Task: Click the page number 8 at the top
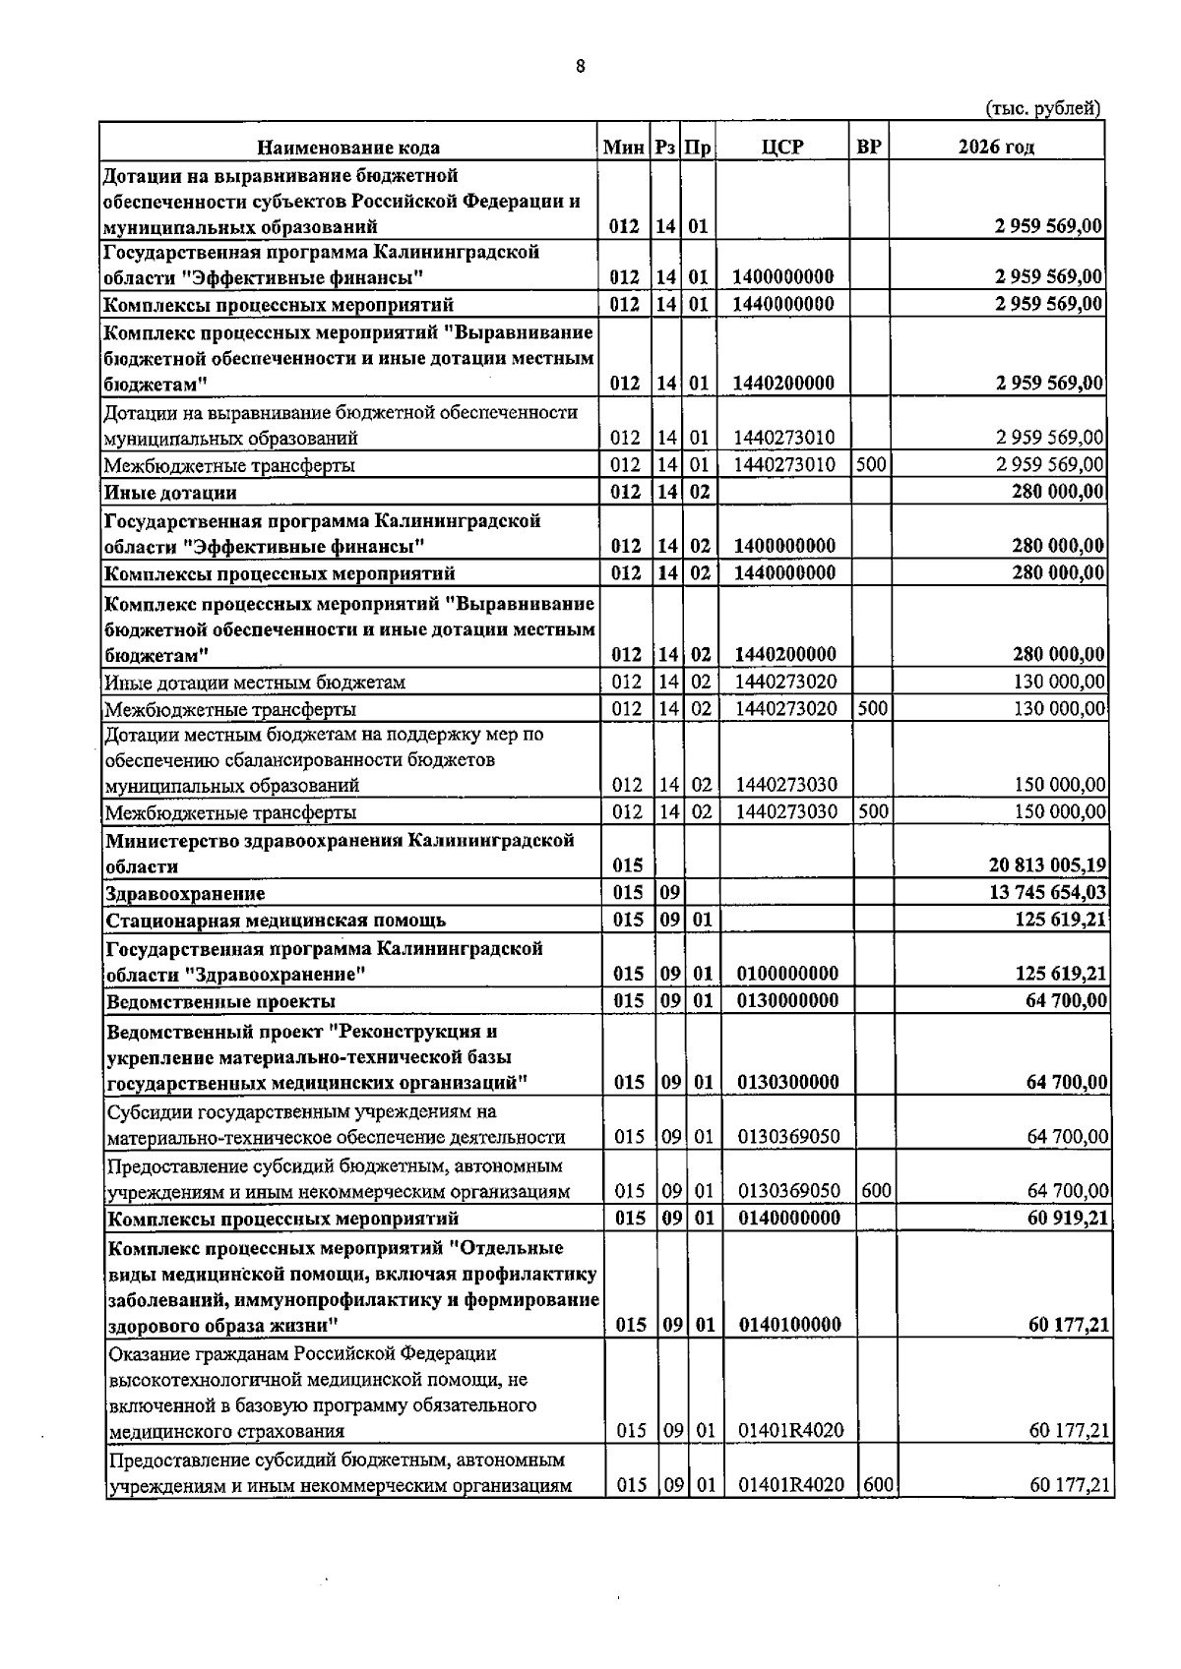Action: point(581,67)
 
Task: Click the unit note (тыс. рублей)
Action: point(1042,108)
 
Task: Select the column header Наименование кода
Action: point(348,148)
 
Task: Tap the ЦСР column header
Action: point(782,148)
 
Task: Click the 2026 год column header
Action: point(996,148)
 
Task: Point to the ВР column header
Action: point(869,148)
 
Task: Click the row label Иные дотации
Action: point(171,493)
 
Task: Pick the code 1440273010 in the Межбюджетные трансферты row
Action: point(784,465)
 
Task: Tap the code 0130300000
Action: point(788,1083)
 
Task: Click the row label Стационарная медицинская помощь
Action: point(276,921)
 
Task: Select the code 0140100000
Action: point(788,1325)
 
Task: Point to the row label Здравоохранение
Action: point(185,893)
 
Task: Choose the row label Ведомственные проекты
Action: point(221,1001)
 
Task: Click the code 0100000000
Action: point(787,974)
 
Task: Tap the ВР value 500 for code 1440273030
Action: point(873,811)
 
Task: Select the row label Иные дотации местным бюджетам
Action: point(255,682)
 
